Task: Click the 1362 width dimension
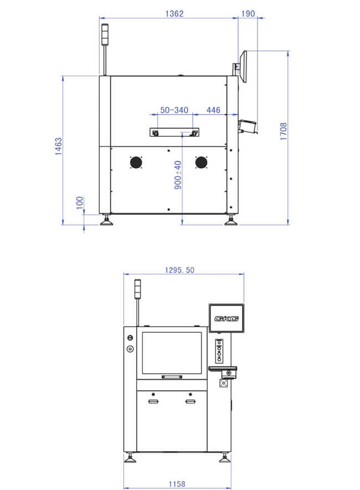coord(174,14)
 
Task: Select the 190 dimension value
coord(248,14)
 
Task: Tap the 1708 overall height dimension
coord(283,131)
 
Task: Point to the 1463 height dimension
coord(59,146)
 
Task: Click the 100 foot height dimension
coord(80,203)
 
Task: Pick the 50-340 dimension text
coord(174,110)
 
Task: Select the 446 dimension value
coord(213,110)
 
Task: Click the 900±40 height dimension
coord(177,175)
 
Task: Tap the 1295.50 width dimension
coord(179,270)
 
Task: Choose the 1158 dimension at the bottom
coord(177,484)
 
